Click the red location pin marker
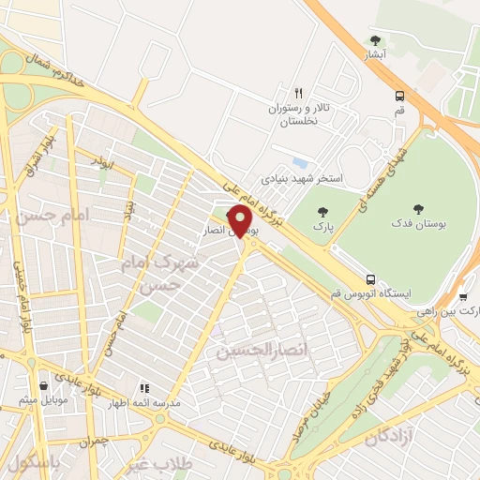coord(241,221)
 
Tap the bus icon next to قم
coord(400,96)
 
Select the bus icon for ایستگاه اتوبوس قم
coord(371,279)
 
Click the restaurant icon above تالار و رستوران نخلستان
coord(298,93)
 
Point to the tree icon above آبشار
coord(376,40)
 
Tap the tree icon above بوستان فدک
coord(418,209)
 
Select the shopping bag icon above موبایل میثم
coord(44,385)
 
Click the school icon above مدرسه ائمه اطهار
coord(143,387)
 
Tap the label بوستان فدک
coord(418,225)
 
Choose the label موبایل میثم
coord(42,401)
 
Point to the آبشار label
coord(376,55)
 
